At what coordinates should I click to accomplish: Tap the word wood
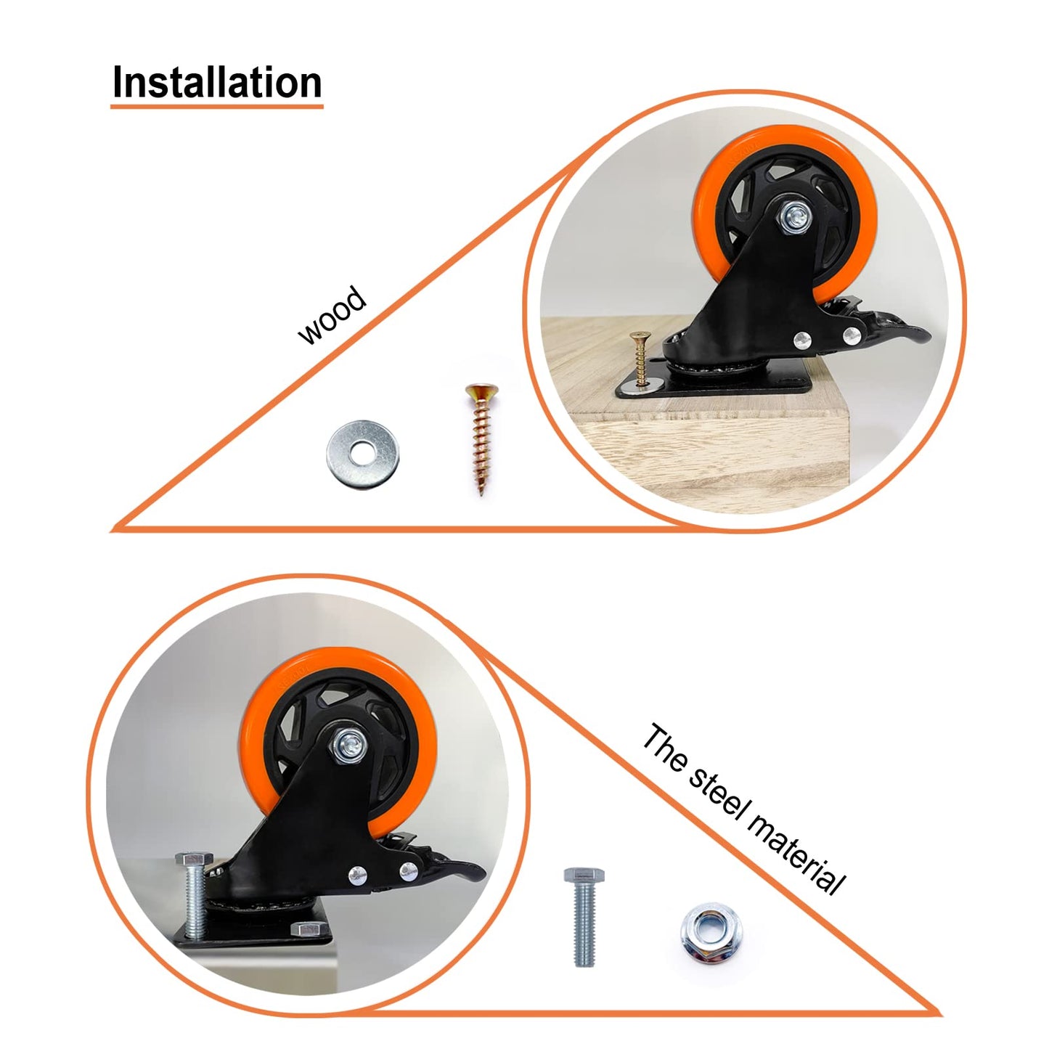[332, 315]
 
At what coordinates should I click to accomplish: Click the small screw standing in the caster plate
[640, 359]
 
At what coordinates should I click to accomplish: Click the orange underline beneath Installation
[216, 107]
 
